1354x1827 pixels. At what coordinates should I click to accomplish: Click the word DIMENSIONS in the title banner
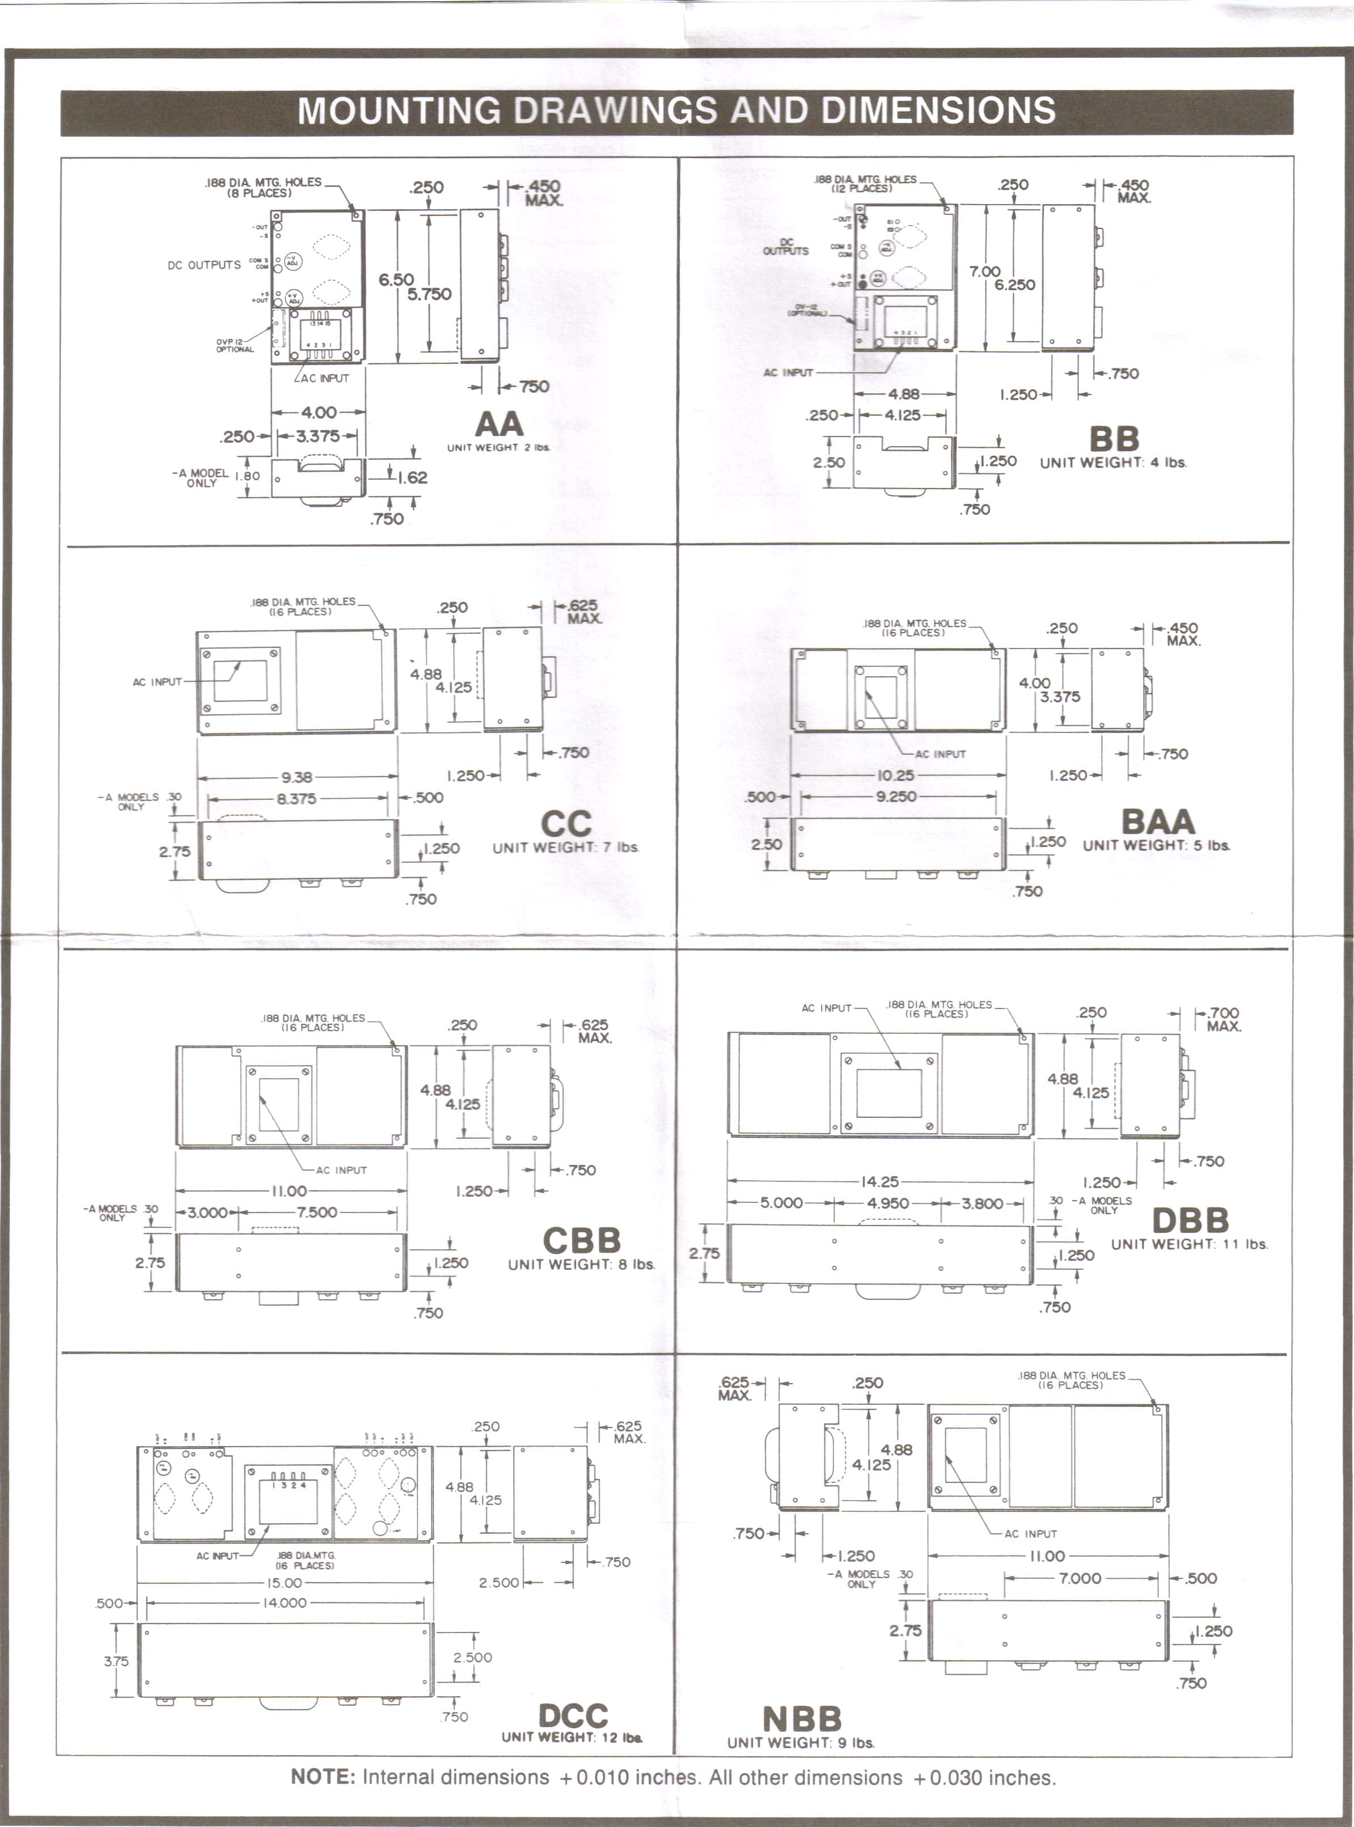[x=938, y=111]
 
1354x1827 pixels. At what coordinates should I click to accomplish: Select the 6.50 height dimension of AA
[x=396, y=279]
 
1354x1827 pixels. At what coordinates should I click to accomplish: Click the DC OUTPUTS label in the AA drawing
[x=204, y=265]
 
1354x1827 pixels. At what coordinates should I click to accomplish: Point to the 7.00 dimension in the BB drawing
[x=984, y=271]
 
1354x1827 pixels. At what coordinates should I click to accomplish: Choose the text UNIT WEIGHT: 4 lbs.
[x=1113, y=462]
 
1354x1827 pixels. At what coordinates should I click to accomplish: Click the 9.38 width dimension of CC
[x=297, y=777]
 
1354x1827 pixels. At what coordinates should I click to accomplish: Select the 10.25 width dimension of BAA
[x=895, y=775]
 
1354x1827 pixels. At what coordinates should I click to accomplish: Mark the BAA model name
[x=1157, y=821]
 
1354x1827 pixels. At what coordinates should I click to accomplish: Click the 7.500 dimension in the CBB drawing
[x=316, y=1212]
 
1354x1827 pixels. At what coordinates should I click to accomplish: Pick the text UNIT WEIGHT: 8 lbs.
[x=581, y=1264]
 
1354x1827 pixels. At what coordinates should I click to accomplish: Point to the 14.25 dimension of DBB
[x=879, y=1181]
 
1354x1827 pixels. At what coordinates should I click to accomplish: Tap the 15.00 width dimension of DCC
[x=283, y=1583]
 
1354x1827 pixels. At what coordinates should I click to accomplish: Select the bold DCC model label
[x=573, y=1715]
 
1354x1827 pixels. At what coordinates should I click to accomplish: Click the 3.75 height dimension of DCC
[x=116, y=1661]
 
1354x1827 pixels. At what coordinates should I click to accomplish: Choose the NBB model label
[x=802, y=1719]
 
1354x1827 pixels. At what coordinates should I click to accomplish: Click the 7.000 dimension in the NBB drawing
[x=1080, y=1578]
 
